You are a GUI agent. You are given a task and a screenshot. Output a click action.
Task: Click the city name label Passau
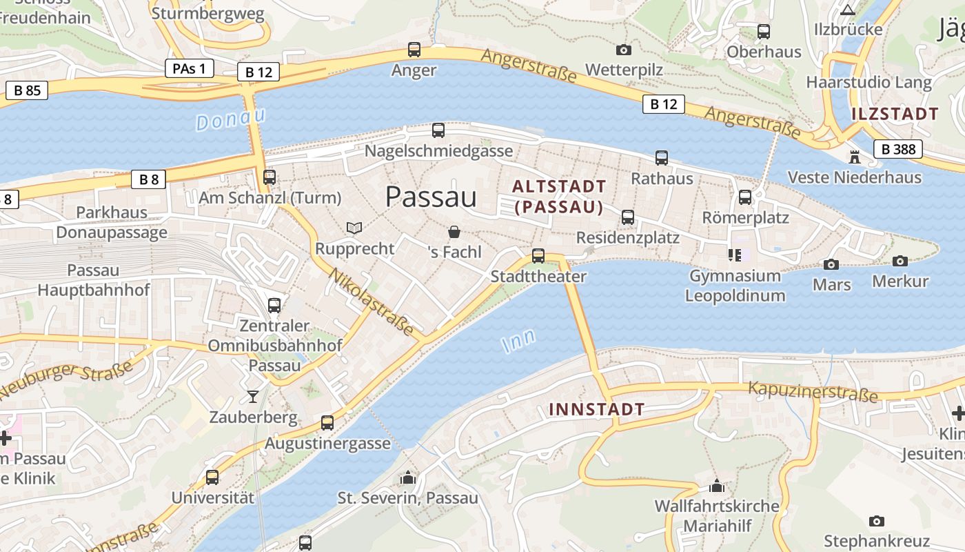pos(431,197)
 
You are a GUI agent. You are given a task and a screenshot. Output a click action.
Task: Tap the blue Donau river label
pos(230,119)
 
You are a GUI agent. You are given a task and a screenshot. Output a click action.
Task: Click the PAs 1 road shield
pos(189,68)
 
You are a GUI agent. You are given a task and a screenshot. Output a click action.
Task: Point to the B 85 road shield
pos(27,90)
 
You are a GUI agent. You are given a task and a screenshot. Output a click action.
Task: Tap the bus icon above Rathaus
pos(662,158)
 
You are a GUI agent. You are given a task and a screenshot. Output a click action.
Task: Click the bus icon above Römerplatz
pos(745,197)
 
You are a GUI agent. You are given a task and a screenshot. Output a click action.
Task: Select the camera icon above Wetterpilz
pos(623,50)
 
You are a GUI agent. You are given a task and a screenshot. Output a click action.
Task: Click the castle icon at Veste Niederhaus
pos(855,157)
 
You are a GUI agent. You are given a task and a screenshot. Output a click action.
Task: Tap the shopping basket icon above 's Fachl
pos(454,232)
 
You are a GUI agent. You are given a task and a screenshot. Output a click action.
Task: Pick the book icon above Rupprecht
pos(354,228)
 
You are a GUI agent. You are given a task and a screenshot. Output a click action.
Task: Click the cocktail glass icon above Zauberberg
pos(253,396)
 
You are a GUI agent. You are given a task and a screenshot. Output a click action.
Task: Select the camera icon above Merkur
pos(900,261)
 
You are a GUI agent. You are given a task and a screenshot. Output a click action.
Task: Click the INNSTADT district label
pos(596,409)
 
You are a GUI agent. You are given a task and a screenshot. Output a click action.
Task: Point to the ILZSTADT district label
pos(895,114)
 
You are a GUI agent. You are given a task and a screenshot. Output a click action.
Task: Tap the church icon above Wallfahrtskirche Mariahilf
pos(717,486)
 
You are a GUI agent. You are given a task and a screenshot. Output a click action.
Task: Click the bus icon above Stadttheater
pos(538,256)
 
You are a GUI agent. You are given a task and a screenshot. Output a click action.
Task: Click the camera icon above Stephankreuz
pos(876,521)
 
